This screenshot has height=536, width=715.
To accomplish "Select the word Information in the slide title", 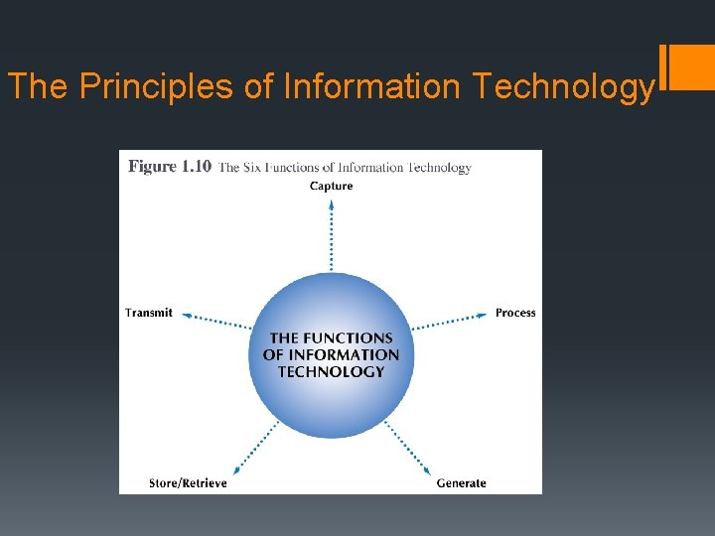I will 372,86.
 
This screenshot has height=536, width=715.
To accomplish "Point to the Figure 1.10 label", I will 169,167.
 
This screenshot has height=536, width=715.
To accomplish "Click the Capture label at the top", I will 331,186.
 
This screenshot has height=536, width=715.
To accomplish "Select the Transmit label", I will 149,313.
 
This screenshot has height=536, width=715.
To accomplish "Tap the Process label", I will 515,313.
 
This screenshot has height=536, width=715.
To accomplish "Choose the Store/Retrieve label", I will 188,483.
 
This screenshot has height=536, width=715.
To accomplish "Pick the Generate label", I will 462,483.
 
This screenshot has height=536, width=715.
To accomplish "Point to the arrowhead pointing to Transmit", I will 186,316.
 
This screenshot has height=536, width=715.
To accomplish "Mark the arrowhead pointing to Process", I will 485,316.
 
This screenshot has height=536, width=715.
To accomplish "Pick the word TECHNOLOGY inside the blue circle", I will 331,371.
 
